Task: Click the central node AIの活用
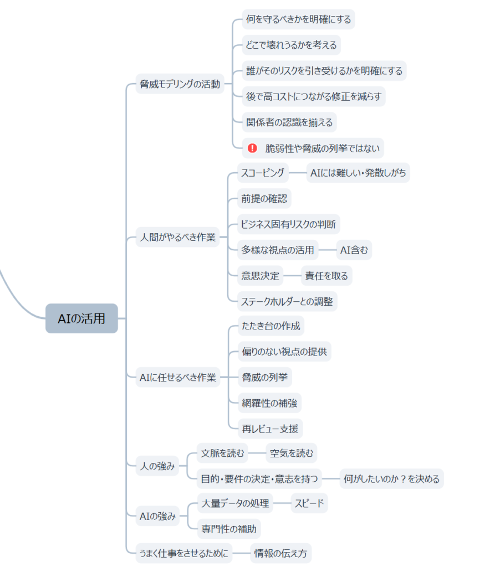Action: (x=81, y=318)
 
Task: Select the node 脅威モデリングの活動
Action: (x=180, y=84)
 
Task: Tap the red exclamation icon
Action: (x=252, y=148)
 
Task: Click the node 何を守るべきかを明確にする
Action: (x=298, y=19)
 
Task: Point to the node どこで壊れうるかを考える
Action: (x=291, y=45)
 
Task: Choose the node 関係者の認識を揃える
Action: (x=289, y=122)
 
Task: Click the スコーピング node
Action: (x=263, y=173)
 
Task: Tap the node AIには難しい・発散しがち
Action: (x=358, y=173)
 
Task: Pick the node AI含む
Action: (x=354, y=250)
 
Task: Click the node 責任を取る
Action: (x=326, y=276)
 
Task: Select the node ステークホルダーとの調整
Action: (x=287, y=301)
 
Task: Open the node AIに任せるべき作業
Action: (x=177, y=379)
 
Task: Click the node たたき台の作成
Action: (x=270, y=326)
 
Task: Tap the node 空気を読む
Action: (x=291, y=454)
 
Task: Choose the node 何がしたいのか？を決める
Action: (x=391, y=478)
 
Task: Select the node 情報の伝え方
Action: (x=280, y=553)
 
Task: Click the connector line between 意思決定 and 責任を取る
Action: (x=292, y=276)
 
